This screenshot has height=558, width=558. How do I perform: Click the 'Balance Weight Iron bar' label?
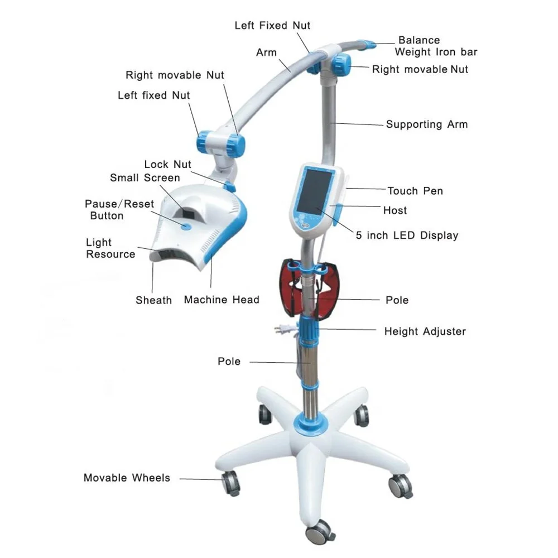pos(436,46)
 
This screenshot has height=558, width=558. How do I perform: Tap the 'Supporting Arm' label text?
pos(426,124)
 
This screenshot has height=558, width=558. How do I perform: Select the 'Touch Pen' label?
pos(415,191)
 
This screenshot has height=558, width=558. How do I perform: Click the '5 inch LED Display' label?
pos(407,235)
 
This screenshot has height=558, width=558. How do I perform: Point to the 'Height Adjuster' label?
pos(425,331)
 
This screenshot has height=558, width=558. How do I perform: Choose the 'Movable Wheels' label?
pos(127,478)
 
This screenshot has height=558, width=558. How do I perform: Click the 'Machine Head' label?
pos(222,300)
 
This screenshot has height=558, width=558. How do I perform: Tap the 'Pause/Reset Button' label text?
pos(119,210)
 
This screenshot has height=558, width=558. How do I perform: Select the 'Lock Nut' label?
pos(167,164)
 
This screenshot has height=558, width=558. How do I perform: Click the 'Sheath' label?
pos(153,300)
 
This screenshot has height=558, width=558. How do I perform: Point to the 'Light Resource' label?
pos(110,248)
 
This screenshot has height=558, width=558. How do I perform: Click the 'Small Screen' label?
pos(145,178)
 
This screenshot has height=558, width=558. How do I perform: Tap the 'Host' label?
pos(395,210)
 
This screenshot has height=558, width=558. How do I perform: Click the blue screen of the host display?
pos(314,192)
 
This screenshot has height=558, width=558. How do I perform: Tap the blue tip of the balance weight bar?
pos(368,44)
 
